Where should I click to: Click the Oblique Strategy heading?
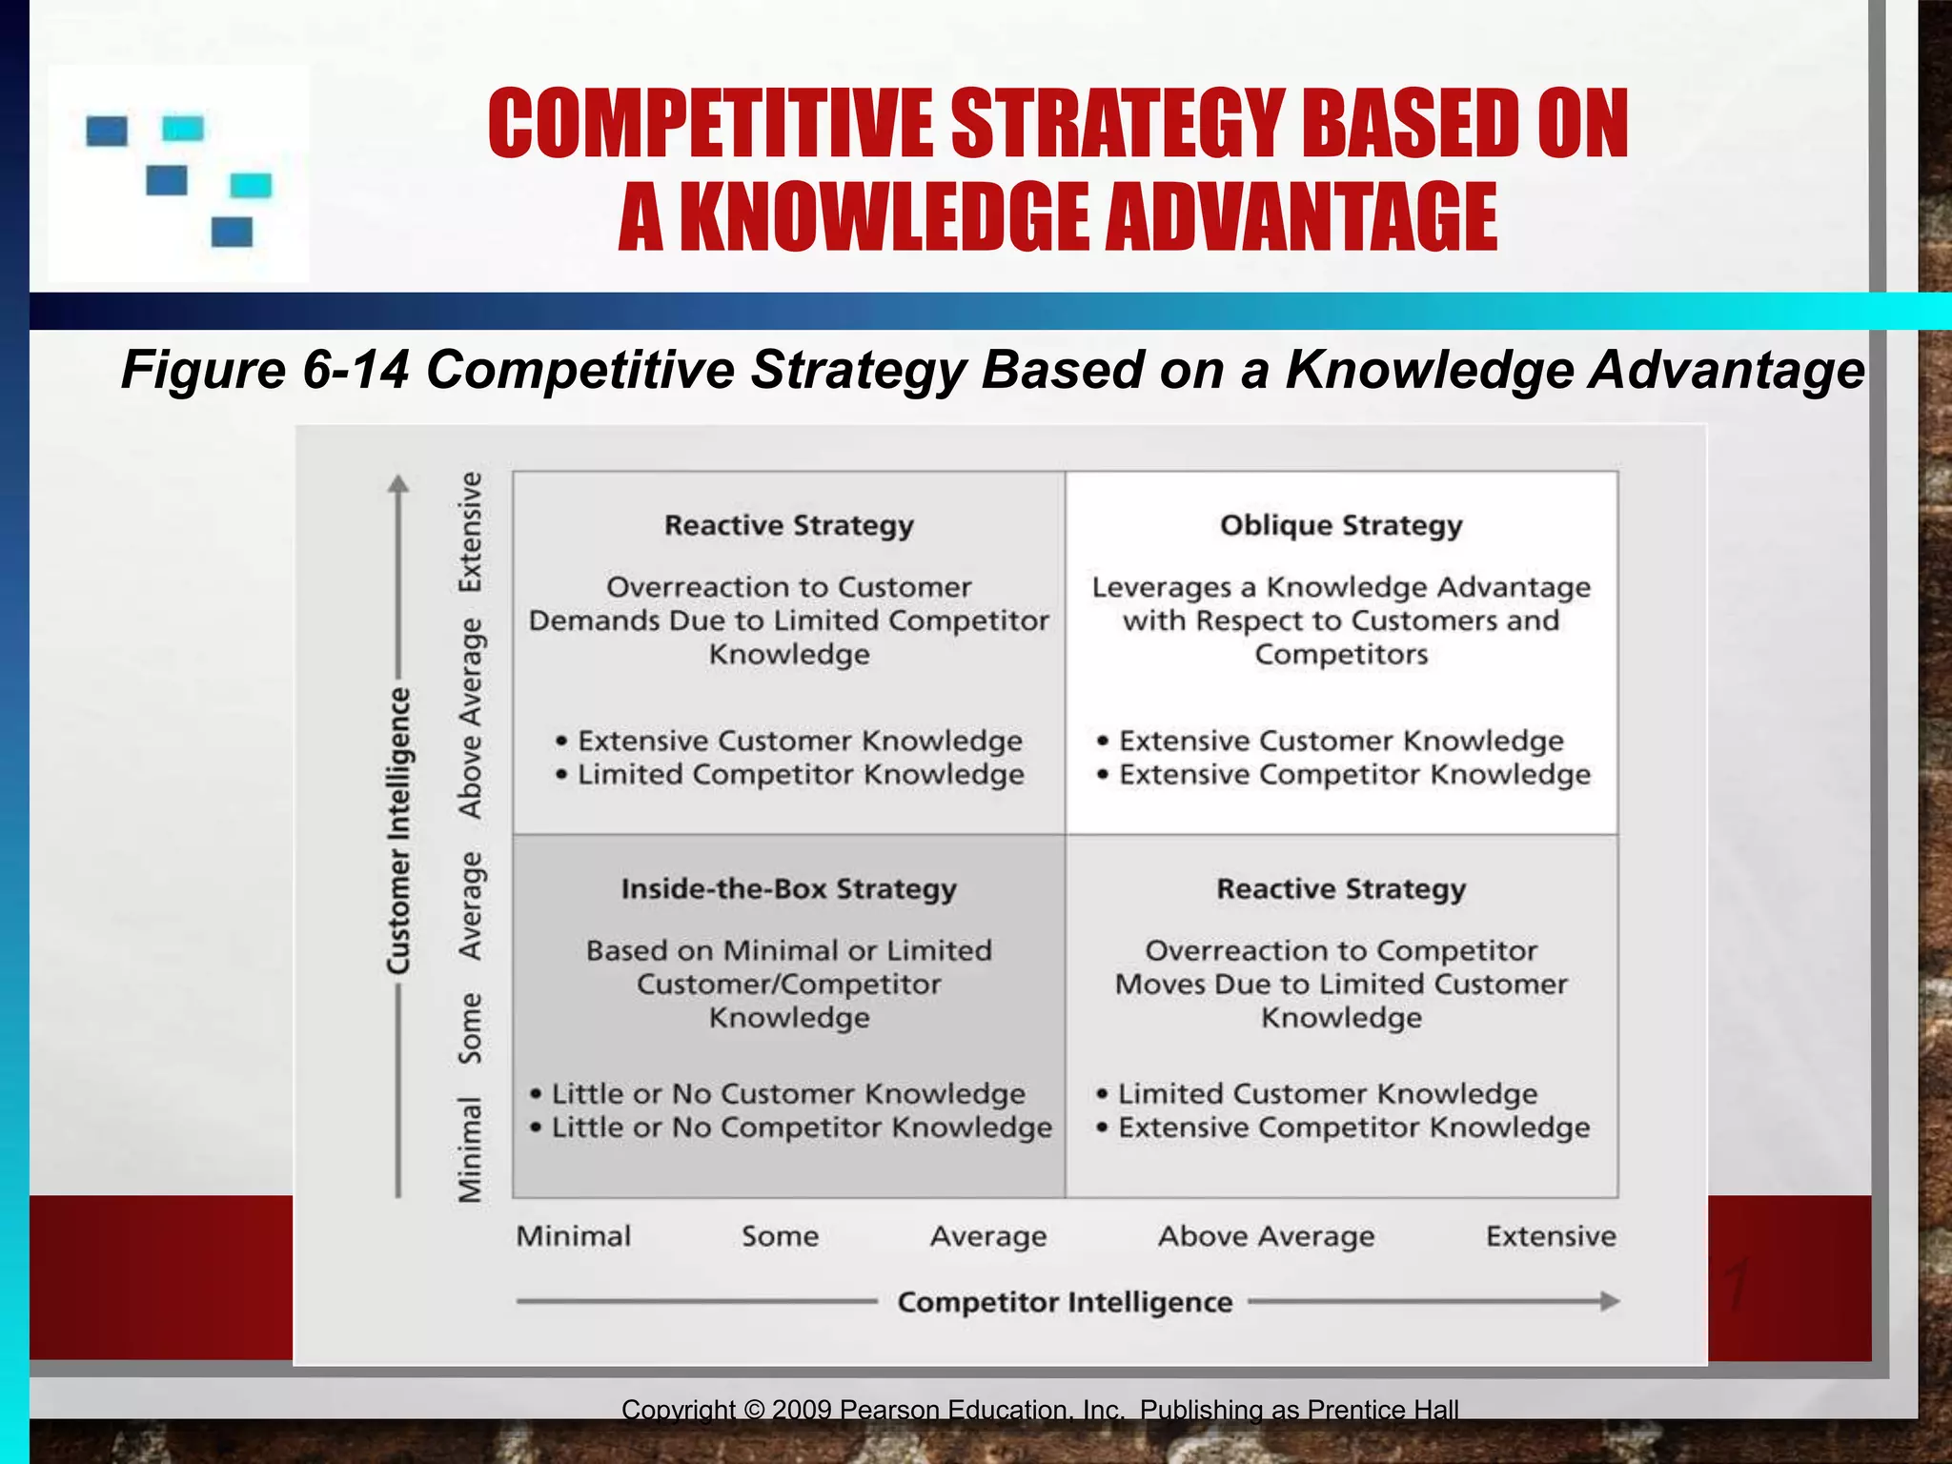point(1340,525)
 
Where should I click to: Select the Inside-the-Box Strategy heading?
point(788,888)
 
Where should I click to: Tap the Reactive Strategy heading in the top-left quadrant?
point(788,525)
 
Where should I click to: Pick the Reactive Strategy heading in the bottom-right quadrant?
point(1340,888)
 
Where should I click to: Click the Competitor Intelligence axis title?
point(1065,1302)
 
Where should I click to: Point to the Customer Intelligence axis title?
point(399,829)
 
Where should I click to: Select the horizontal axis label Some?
point(780,1236)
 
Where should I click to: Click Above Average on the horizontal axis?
point(1266,1236)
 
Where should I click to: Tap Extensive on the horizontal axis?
point(1551,1236)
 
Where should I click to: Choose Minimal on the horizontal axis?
point(573,1236)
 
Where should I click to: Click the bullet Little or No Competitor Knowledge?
point(801,1128)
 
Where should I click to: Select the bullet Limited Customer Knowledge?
point(1326,1093)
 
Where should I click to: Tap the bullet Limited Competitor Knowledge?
point(800,775)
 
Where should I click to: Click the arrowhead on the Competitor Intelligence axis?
point(1609,1301)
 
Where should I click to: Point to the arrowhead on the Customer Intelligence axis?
point(398,484)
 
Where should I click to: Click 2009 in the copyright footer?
point(803,1410)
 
